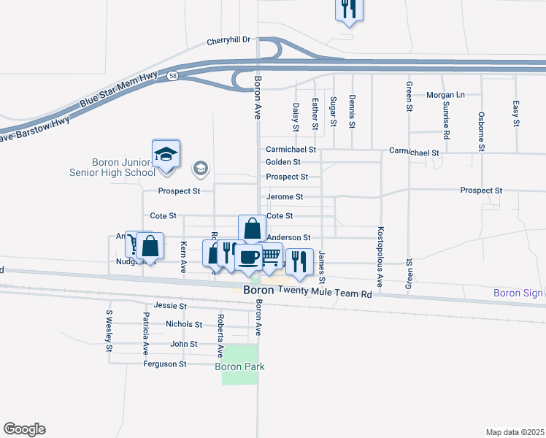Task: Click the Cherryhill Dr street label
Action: pos(228,40)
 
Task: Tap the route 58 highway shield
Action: pos(172,75)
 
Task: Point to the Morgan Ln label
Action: pos(445,95)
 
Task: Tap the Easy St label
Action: pos(515,111)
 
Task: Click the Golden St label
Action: pos(283,162)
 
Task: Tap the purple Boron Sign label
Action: pos(518,293)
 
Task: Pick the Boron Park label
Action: pos(239,367)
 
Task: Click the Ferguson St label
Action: pos(165,364)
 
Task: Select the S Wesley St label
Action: pos(109,331)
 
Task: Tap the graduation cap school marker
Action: pos(166,155)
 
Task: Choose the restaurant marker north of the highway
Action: pos(349,9)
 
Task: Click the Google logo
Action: pos(24,429)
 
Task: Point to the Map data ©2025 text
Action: pos(515,432)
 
